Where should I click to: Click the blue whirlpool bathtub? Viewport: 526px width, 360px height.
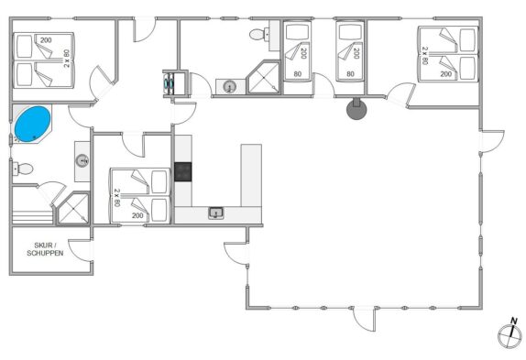pyautogui.click(x=33, y=124)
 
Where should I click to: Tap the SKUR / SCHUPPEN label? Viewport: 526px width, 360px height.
pyautogui.click(x=45, y=249)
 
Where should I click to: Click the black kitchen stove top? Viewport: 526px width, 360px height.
pyautogui.click(x=183, y=171)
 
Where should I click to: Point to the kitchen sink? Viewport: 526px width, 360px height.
pyautogui.click(x=216, y=213)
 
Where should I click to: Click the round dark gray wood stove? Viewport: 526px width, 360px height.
pyautogui.click(x=356, y=109)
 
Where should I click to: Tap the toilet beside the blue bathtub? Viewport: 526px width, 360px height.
pyautogui.click(x=23, y=169)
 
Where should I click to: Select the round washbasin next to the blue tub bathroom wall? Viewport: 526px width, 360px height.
pyautogui.click(x=82, y=161)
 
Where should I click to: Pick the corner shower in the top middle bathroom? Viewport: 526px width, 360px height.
pyautogui.click(x=264, y=78)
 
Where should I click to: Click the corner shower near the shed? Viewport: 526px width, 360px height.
pyautogui.click(x=73, y=208)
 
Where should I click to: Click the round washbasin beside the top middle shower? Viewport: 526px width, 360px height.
pyautogui.click(x=230, y=87)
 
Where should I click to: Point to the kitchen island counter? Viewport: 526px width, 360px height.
pyautogui.click(x=251, y=175)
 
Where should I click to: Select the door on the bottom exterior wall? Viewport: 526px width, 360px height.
pyautogui.click(x=364, y=319)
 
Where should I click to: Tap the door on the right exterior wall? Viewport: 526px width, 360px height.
pyautogui.click(x=492, y=141)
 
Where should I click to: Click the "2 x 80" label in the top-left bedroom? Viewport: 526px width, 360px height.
pyautogui.click(x=67, y=59)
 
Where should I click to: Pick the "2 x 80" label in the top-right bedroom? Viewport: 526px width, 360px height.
pyautogui.click(x=425, y=56)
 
